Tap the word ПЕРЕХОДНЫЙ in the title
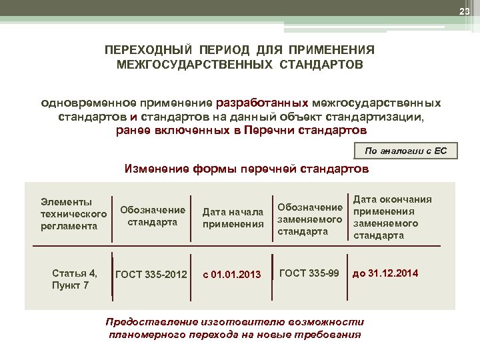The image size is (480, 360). point(147,51)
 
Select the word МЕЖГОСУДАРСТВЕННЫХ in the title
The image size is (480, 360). point(183,65)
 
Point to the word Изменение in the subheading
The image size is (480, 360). point(157,169)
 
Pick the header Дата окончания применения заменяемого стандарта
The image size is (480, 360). point(392,217)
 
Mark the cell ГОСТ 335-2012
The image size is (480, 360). point(151,273)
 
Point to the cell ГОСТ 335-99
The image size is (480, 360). point(309,273)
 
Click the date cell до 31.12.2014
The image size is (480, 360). point(385,273)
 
